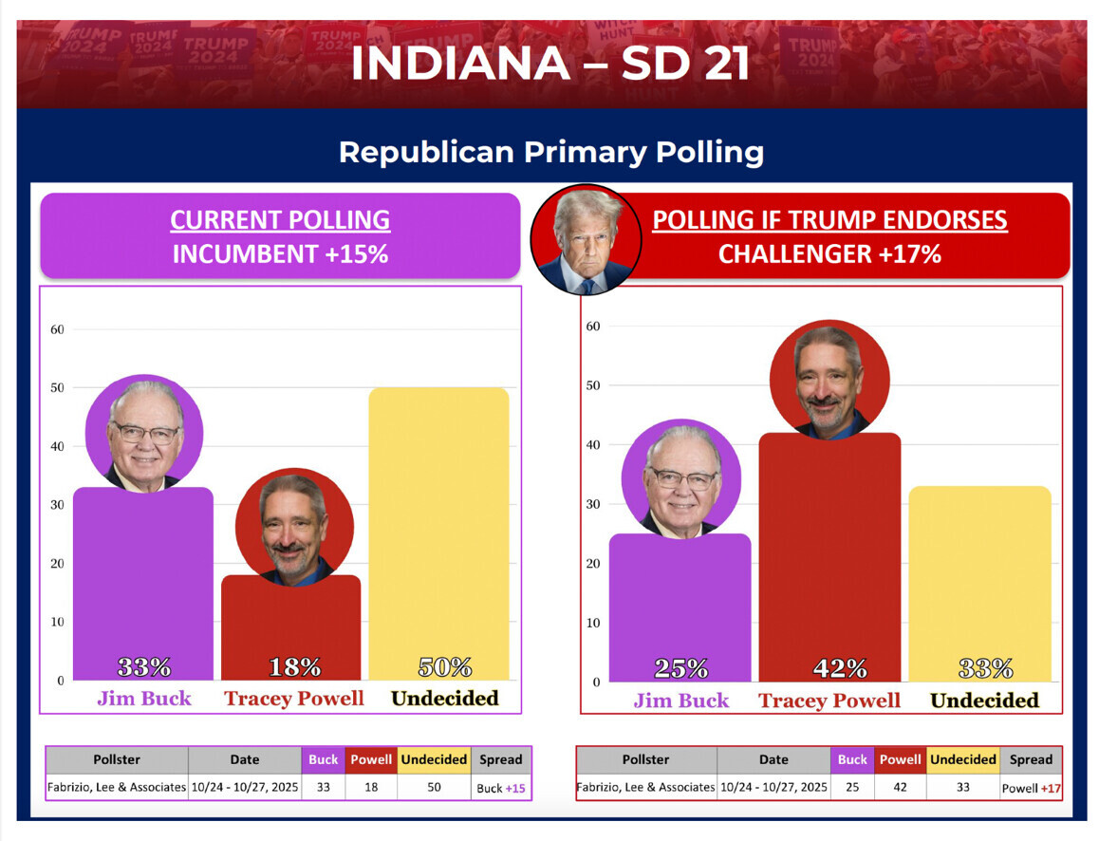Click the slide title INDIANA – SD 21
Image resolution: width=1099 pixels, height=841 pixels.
coord(549,62)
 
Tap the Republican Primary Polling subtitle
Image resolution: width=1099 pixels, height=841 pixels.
coord(550,152)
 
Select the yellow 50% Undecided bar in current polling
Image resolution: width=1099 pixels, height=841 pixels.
coord(438,532)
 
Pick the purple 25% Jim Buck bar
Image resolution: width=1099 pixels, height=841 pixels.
coord(680,607)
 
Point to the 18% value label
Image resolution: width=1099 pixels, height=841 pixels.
coord(294,667)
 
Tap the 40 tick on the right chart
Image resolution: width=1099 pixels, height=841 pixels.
coord(593,444)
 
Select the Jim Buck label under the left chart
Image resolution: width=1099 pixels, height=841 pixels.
coord(144,699)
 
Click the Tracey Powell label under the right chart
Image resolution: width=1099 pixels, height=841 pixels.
coord(829,701)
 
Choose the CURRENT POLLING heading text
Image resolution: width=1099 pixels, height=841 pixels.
coord(280,220)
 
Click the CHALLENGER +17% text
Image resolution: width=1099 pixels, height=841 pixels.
coord(829,254)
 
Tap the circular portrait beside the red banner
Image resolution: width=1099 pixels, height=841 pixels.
coord(586,238)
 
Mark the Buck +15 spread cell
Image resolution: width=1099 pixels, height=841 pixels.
coord(500,788)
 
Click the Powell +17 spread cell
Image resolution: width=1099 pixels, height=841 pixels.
coord(1031,788)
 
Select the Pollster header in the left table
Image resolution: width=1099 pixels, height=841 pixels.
coord(117,759)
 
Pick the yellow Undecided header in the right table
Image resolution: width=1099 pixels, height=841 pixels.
coord(963,759)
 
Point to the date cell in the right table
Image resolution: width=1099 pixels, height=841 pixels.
coord(773,787)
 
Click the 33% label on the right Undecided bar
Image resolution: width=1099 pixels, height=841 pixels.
coord(984,669)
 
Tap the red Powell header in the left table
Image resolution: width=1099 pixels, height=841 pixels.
coord(371,759)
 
